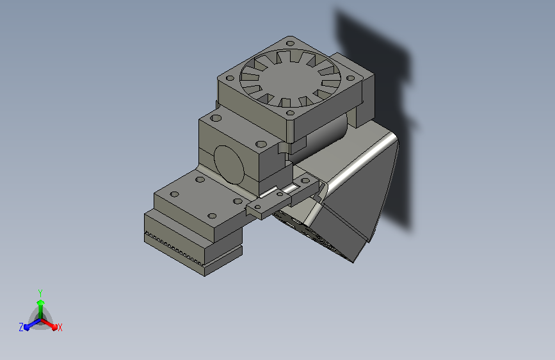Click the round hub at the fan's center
[290, 78]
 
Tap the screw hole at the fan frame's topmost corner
[290, 44]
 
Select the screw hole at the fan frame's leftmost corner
[230, 78]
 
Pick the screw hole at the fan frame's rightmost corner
[350, 78]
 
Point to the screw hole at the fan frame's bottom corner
[290, 113]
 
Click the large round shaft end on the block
[229, 165]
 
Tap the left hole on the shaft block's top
[216, 118]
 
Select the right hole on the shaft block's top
[261, 144]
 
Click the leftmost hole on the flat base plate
[175, 194]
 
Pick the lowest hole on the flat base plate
[212, 216]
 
